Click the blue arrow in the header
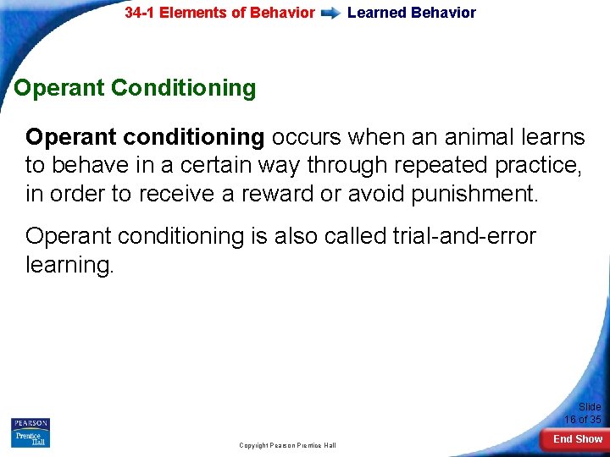coord(331,14)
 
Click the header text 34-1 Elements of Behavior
coord(219,13)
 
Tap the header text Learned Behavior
coord(411,13)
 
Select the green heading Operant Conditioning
coord(135,88)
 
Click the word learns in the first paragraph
coord(553,137)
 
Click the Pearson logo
coord(30,424)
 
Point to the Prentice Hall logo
coord(30,439)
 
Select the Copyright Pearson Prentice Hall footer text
coord(287,445)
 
